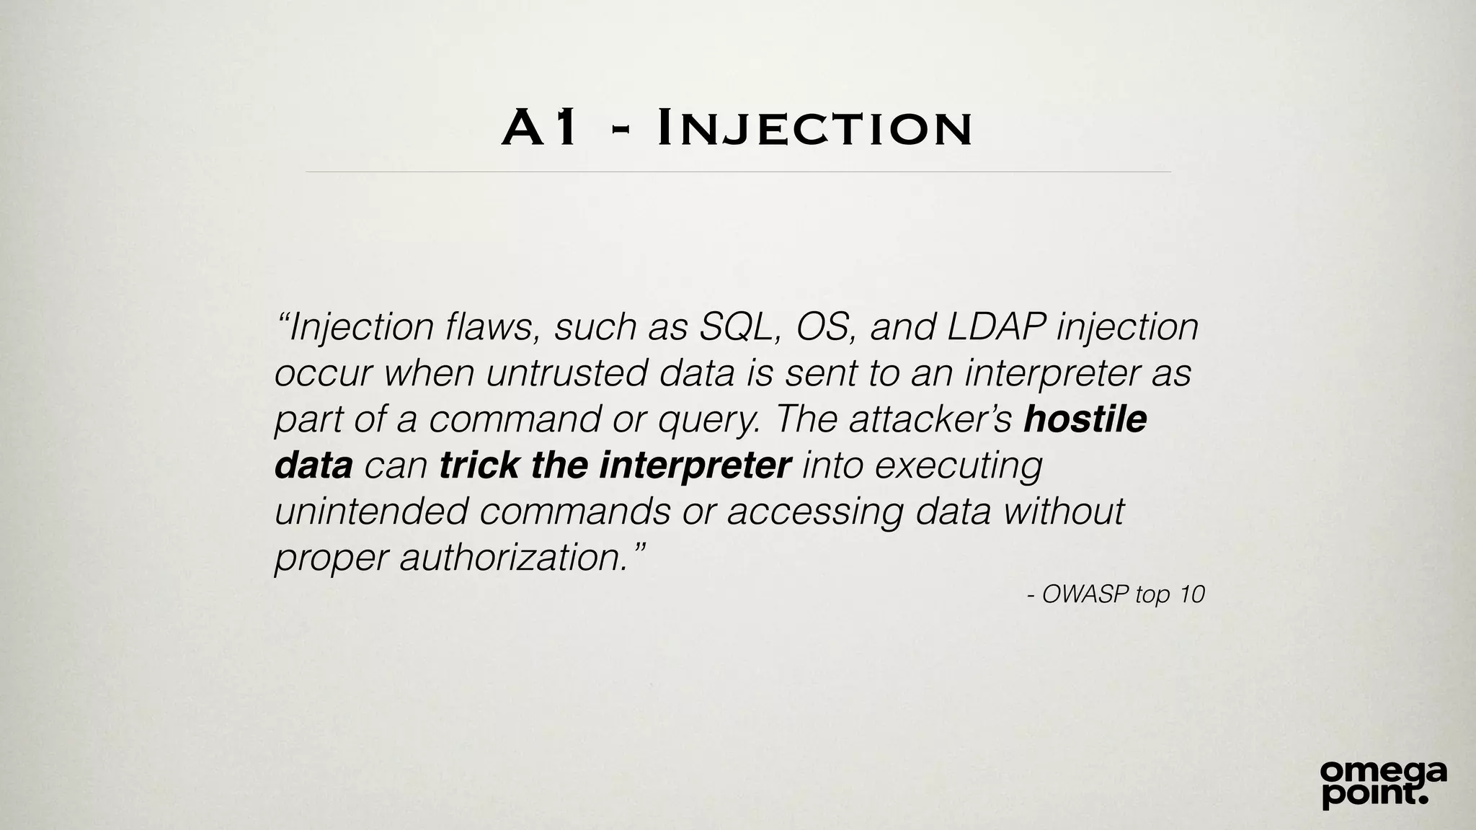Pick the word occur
point(324,372)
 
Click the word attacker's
point(930,419)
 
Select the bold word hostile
point(1085,419)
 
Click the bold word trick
point(479,465)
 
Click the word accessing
point(814,512)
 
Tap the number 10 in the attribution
point(1191,594)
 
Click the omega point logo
point(1383,783)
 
